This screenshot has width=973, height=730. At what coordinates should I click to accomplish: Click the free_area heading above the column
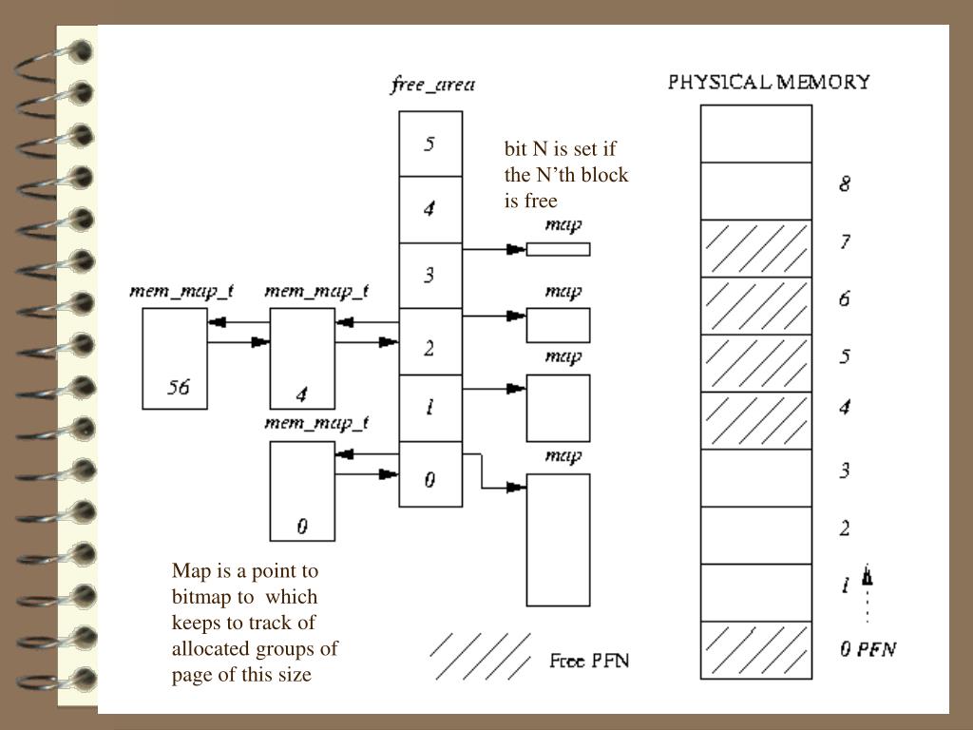click(433, 84)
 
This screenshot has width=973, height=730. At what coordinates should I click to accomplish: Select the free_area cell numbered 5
click(430, 144)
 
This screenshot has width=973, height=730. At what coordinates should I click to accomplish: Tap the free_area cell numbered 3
click(430, 276)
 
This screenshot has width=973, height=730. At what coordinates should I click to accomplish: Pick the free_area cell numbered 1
click(430, 408)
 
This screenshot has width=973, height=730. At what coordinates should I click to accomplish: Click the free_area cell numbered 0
click(430, 474)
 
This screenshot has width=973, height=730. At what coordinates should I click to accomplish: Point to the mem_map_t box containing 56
click(175, 358)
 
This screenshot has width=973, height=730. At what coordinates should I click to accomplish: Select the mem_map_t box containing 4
click(302, 358)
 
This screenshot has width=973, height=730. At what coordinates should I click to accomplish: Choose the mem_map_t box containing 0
click(302, 491)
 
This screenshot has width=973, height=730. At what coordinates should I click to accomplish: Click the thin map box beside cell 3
click(558, 250)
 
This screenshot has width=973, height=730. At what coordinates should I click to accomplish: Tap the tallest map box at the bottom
click(558, 540)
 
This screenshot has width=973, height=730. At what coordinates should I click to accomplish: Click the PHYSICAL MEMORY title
click(769, 82)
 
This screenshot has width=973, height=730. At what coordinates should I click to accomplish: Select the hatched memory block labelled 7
click(755, 248)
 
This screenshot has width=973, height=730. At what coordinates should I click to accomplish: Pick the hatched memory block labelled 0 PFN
click(755, 650)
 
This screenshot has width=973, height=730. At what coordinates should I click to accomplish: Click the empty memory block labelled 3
click(755, 478)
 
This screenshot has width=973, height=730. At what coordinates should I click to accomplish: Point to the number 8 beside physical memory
click(845, 183)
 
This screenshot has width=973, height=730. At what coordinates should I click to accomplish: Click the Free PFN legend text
click(589, 661)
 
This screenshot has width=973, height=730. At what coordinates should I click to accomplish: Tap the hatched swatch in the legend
click(481, 656)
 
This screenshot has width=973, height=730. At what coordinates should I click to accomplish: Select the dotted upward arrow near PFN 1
click(868, 593)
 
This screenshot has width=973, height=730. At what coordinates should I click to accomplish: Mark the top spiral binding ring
click(56, 61)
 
